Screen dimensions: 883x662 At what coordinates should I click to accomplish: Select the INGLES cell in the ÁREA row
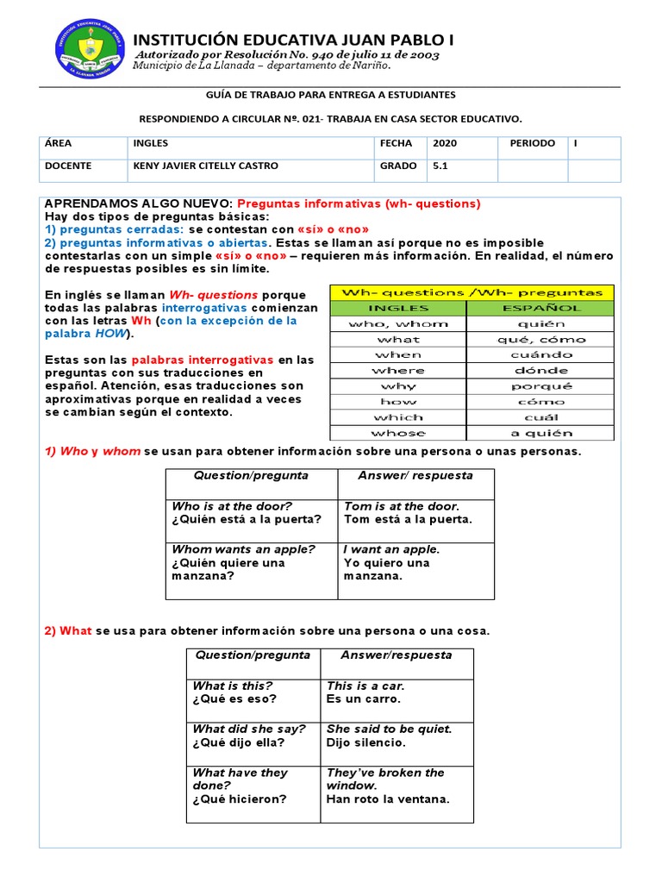point(151,143)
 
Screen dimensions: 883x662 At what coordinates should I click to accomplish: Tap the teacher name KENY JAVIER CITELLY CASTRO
point(205,166)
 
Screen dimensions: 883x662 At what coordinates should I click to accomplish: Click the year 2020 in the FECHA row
point(445,143)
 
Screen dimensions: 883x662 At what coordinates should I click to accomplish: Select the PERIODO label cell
point(532,143)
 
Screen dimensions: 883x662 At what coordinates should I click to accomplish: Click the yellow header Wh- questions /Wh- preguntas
point(472,292)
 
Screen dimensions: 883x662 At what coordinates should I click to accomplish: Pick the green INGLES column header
point(398,308)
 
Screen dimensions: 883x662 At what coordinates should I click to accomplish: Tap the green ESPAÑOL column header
point(540,308)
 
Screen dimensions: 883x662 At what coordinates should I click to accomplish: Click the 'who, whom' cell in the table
point(398,323)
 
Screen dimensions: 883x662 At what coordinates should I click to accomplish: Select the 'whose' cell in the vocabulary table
point(398,433)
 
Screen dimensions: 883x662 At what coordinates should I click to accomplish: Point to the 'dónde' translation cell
point(540,370)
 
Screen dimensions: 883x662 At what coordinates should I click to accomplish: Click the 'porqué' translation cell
point(540,386)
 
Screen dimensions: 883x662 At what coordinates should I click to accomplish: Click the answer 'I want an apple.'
point(391,549)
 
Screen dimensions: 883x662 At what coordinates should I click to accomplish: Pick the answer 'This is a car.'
point(365,686)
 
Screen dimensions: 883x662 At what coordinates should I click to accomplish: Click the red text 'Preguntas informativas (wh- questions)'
point(359,204)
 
